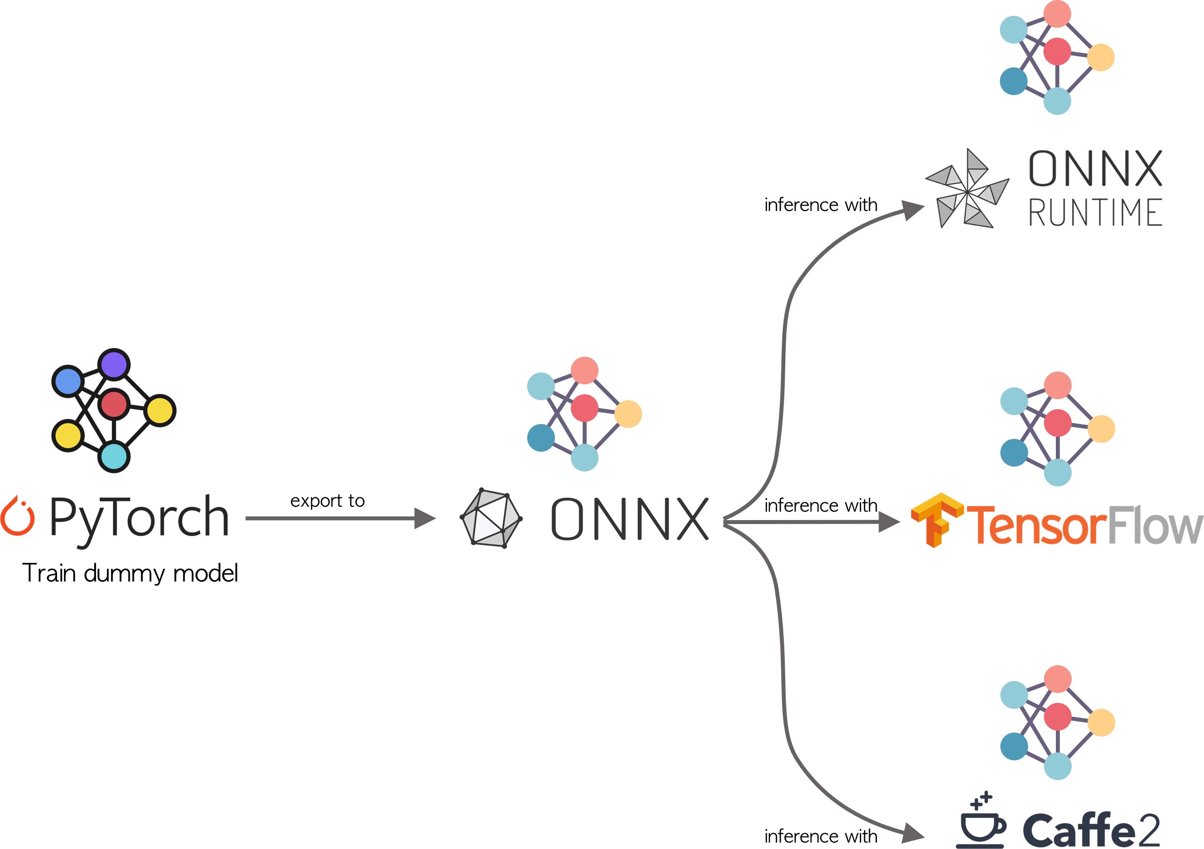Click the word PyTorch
(139, 519)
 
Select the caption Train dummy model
(130, 573)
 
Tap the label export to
(327, 501)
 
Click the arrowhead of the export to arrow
(425, 518)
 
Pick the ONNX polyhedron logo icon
(491, 518)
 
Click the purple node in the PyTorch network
(114, 364)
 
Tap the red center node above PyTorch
(114, 404)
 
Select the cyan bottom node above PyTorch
(114, 456)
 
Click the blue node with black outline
(68, 381)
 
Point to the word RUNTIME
(1095, 212)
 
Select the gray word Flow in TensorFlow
(1155, 525)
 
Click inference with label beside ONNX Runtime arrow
(821, 205)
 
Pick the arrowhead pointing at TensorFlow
(890, 522)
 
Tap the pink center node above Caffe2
(1057, 717)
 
